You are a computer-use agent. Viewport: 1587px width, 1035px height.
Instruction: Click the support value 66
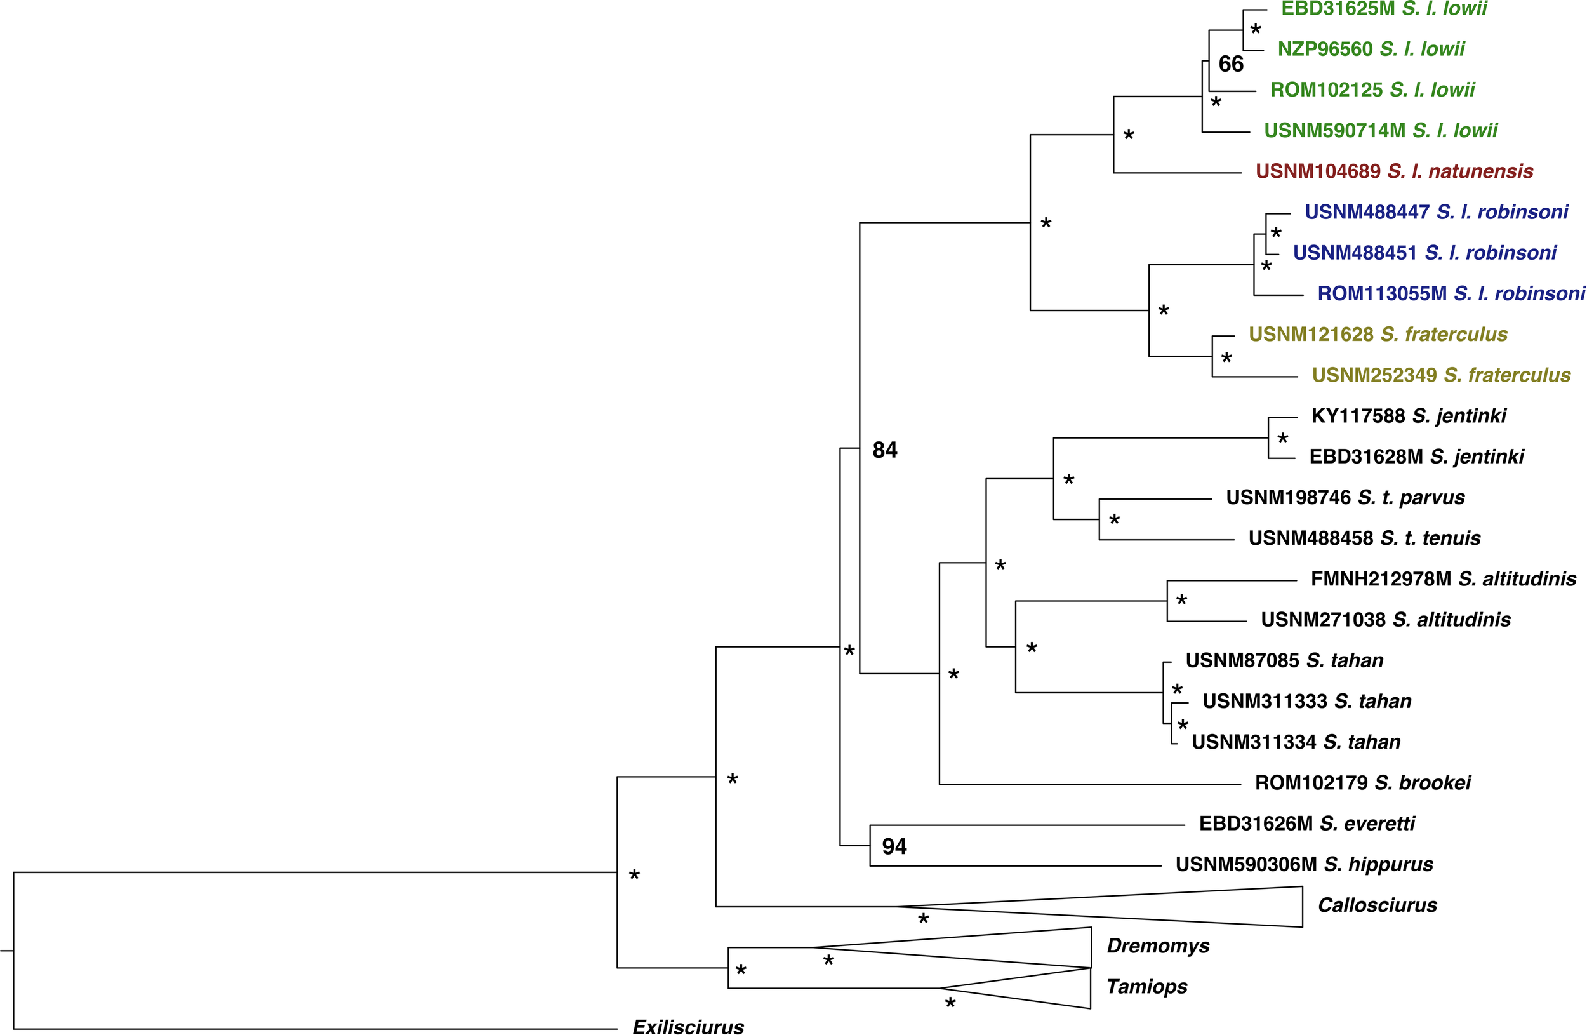click(1230, 64)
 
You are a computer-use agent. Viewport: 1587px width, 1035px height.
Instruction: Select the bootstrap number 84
click(885, 450)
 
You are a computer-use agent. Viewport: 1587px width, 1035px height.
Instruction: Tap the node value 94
click(894, 846)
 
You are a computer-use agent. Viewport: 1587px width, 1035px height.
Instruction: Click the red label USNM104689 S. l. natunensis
click(1393, 171)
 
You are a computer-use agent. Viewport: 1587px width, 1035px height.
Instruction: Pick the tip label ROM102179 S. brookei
click(1362, 782)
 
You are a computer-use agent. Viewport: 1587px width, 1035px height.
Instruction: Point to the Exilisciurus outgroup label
click(688, 1026)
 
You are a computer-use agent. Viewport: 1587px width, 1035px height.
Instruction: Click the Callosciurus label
click(1377, 905)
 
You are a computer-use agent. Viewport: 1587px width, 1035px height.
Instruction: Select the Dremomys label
click(1158, 945)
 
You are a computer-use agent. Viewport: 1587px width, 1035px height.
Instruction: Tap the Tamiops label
click(1147, 986)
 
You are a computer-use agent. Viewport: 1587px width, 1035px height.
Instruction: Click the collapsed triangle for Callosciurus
click(1200, 906)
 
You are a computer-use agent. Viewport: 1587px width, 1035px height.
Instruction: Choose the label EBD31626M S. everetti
click(1306, 824)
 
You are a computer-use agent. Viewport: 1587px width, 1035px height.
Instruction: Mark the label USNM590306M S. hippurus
click(1304, 864)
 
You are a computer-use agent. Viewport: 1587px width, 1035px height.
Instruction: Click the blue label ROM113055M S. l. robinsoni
click(1451, 293)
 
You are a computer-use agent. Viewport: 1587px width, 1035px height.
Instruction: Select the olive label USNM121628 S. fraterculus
click(1378, 334)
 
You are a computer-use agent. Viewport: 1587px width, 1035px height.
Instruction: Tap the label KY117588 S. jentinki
click(1408, 416)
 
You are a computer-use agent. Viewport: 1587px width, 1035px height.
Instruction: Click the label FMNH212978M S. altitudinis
click(1443, 579)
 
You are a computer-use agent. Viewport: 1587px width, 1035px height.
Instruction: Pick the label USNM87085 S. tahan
click(1284, 660)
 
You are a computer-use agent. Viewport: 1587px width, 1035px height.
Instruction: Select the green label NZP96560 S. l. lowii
click(1371, 49)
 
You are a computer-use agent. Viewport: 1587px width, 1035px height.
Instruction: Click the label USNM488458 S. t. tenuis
click(1364, 538)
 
